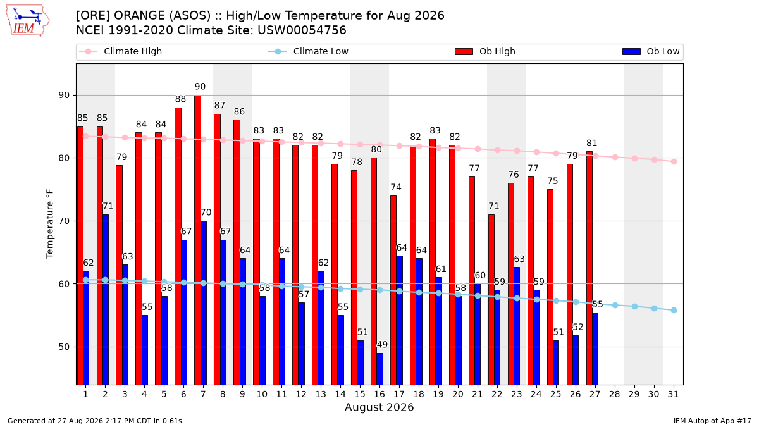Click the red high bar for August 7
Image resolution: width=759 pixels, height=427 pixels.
197,240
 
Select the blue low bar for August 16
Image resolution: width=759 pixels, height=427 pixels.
380,369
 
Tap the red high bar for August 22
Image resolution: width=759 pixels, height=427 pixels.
491,300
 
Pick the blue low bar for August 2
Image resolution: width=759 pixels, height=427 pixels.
106,300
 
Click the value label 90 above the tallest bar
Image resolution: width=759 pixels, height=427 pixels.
200,87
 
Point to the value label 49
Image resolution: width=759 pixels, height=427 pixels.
382,345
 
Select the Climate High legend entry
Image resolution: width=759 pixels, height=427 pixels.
121,51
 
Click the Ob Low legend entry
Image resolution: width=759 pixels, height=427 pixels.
651,51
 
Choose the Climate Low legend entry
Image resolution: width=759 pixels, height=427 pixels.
309,51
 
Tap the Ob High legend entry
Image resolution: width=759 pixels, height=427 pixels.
485,51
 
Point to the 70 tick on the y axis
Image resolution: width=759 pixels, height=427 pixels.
64,221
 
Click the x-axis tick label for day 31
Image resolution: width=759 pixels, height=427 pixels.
673,394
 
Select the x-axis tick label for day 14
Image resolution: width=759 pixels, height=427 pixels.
340,394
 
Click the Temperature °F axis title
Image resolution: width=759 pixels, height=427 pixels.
50,224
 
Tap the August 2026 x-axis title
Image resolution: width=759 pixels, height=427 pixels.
379,407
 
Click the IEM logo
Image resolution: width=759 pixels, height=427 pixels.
27,21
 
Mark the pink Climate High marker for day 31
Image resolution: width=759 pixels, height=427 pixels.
674,162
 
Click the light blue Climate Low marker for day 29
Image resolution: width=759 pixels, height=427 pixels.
634,306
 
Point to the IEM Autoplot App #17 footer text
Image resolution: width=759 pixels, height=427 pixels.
712,421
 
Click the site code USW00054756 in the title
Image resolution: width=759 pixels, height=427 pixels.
302,30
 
